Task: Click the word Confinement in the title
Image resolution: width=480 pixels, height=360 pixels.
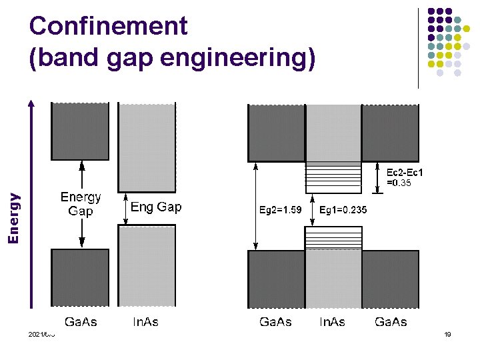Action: point(109,27)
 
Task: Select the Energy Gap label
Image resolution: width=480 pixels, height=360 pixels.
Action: point(81,204)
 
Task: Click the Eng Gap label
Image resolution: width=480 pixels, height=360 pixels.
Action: point(156,207)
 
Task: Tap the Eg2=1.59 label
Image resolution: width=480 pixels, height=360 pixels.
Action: point(281,210)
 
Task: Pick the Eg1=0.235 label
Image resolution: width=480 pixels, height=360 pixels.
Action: point(343,210)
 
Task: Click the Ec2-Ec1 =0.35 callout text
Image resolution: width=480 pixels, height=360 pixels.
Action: point(405,177)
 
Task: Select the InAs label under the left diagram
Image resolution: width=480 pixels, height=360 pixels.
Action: point(145,322)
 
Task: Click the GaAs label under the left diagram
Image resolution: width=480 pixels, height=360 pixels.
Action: point(81,322)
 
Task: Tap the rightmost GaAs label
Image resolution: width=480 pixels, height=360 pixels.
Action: point(391,322)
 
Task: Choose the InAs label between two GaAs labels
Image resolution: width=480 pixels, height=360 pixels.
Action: point(332,322)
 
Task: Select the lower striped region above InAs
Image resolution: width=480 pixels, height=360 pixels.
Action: point(333,238)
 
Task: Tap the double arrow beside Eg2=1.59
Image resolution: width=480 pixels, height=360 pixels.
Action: point(255,206)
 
